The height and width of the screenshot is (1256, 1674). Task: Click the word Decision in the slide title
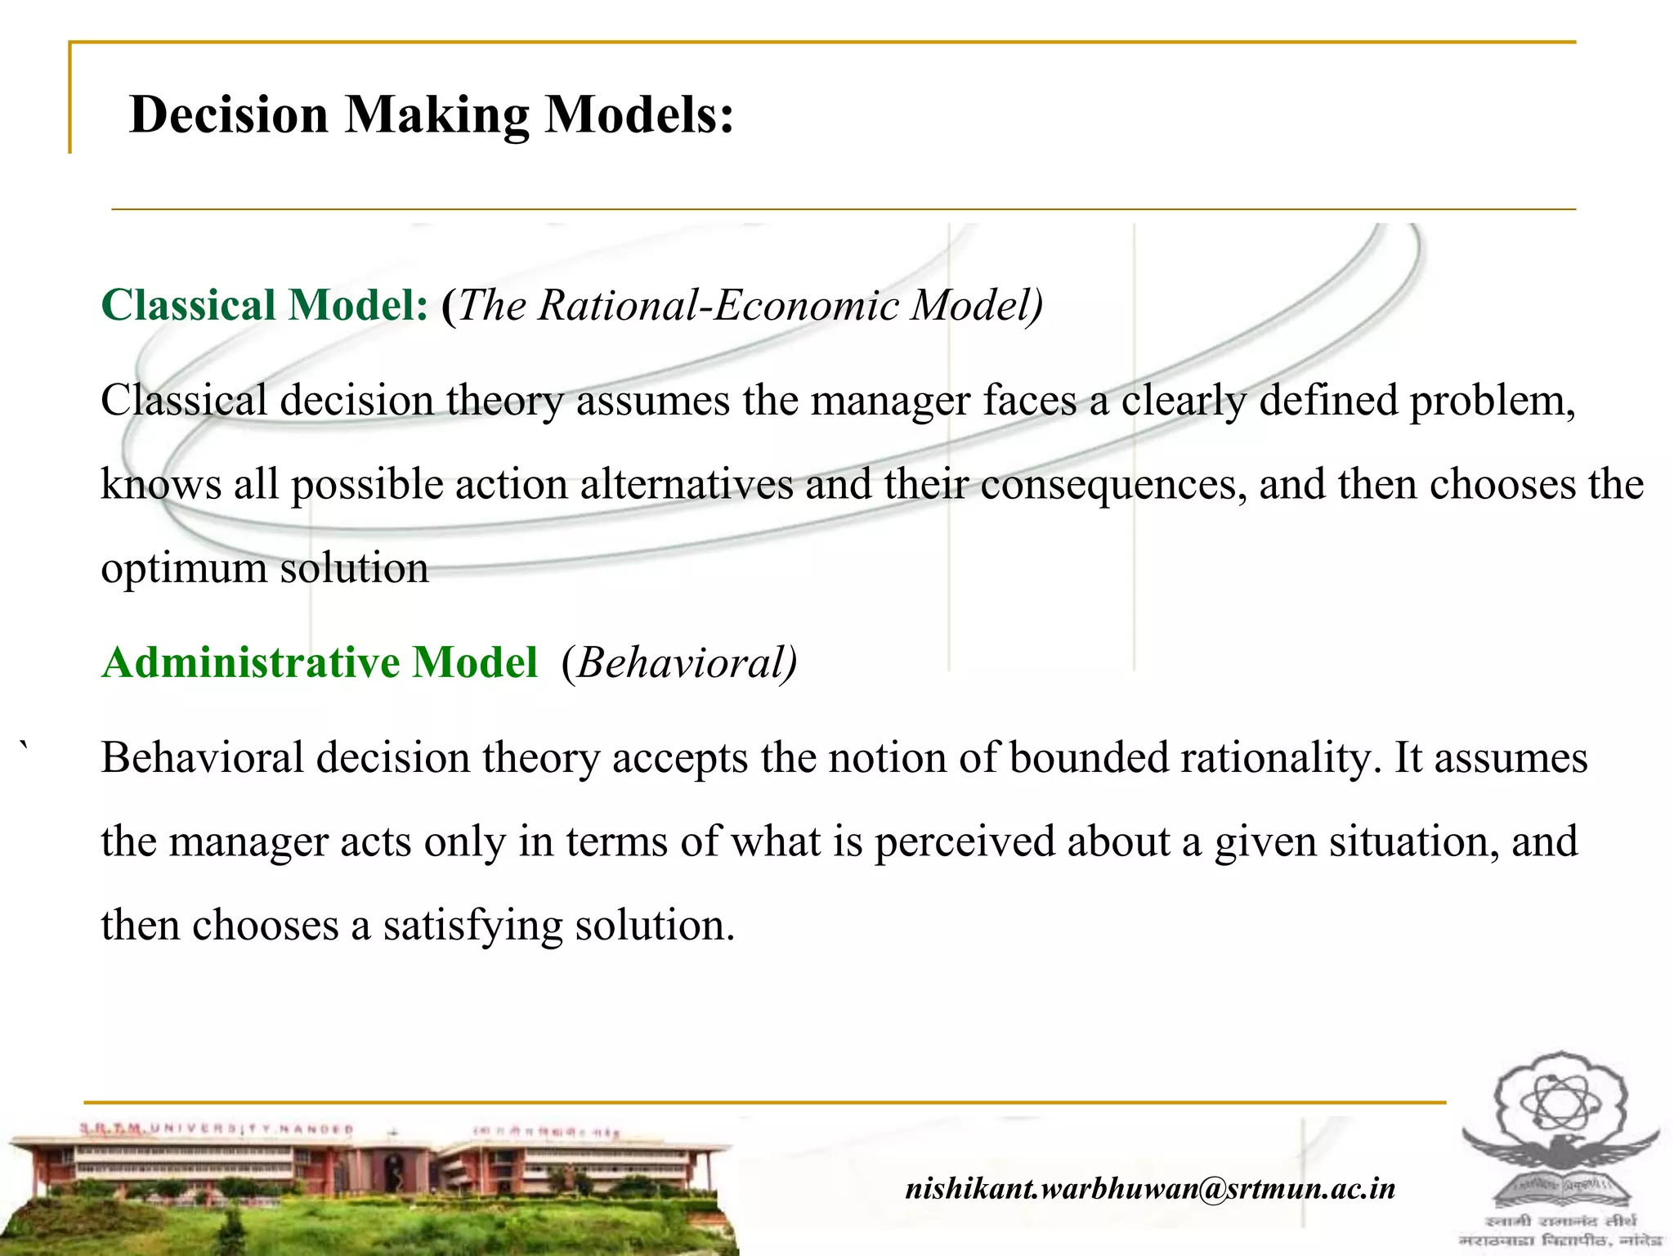(228, 114)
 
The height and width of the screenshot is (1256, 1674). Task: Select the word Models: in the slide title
(639, 114)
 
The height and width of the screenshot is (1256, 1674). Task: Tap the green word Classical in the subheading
(188, 306)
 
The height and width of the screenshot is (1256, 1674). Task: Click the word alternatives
(687, 485)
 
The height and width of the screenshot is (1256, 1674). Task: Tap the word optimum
(184, 569)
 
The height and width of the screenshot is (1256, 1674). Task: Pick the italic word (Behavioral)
(679, 663)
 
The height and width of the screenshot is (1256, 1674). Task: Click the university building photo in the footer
(368, 1186)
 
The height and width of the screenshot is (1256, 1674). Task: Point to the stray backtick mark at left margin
(26, 744)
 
